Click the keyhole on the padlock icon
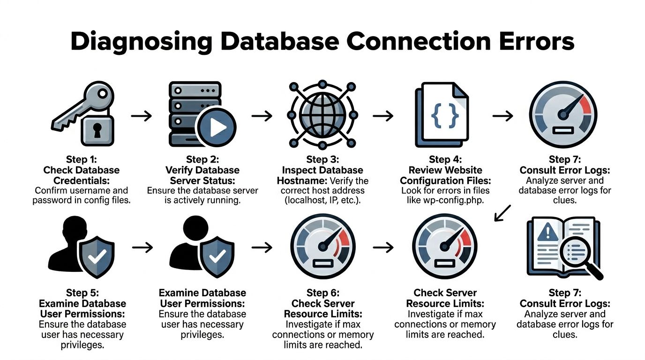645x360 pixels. tap(97, 131)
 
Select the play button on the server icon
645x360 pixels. tap(216, 127)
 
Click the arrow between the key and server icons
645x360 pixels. tap(141, 115)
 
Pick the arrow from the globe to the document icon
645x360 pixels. tap(383, 115)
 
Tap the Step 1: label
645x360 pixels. tap(81, 160)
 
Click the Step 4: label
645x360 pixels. tap(445, 160)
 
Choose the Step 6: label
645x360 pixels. tap(322, 293)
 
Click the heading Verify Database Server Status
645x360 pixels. tap(202, 175)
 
